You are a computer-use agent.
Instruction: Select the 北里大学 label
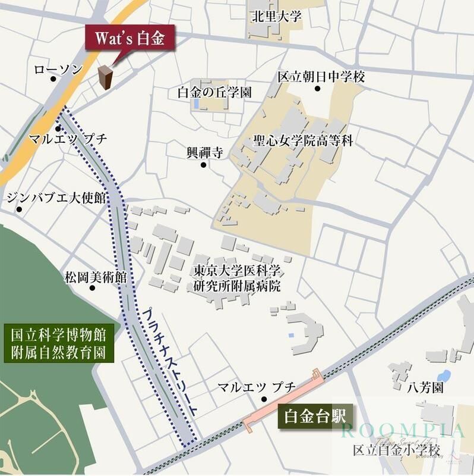click(x=276, y=16)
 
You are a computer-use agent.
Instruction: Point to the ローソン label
click(x=58, y=70)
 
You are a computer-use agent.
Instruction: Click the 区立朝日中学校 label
click(x=321, y=77)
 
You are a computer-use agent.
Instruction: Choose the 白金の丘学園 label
click(x=214, y=92)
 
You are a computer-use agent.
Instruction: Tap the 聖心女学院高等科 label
click(x=303, y=141)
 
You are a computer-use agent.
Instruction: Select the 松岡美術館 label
click(x=96, y=277)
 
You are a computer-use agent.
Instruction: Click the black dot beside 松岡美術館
click(x=92, y=288)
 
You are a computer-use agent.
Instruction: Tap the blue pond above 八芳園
click(x=443, y=375)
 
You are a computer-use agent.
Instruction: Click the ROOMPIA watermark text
click(x=402, y=430)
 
